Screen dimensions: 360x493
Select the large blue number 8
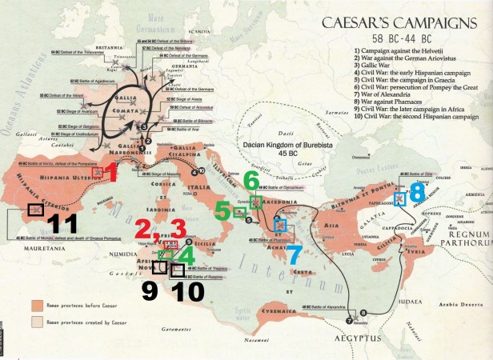click(417, 192)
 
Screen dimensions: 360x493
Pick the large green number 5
click(221, 211)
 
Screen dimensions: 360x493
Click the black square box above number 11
click(35, 210)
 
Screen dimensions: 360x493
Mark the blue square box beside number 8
click(399, 199)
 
